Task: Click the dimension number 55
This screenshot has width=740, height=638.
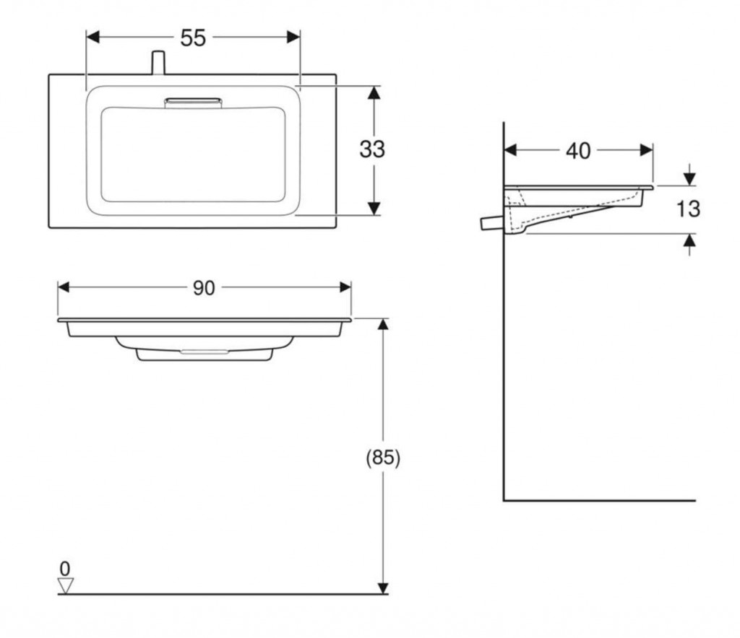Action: point(193,38)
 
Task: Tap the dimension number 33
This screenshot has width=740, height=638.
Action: point(372,149)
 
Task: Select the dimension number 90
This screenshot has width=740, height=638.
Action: point(204,287)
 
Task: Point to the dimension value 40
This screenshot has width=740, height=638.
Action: point(578,151)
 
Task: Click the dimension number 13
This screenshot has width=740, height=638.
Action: point(688,209)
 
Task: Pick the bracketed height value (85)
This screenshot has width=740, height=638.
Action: point(383,458)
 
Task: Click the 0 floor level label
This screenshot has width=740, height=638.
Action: point(65,569)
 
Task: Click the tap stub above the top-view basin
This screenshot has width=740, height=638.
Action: point(158,63)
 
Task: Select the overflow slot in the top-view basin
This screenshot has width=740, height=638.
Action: point(193,102)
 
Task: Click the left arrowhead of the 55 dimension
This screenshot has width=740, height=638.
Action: point(92,38)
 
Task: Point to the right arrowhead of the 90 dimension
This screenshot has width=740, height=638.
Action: point(345,287)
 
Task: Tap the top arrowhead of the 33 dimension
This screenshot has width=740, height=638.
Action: point(374,92)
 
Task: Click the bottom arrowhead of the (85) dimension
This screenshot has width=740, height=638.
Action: point(383,588)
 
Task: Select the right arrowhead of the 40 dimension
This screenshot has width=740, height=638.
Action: point(647,150)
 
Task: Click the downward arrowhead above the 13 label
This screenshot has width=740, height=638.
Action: point(689,179)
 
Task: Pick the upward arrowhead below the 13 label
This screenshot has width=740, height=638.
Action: point(689,240)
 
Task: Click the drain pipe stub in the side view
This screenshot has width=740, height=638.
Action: point(492,222)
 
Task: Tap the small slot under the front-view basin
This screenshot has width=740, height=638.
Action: point(205,351)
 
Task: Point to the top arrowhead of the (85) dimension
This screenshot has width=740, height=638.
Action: point(383,324)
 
